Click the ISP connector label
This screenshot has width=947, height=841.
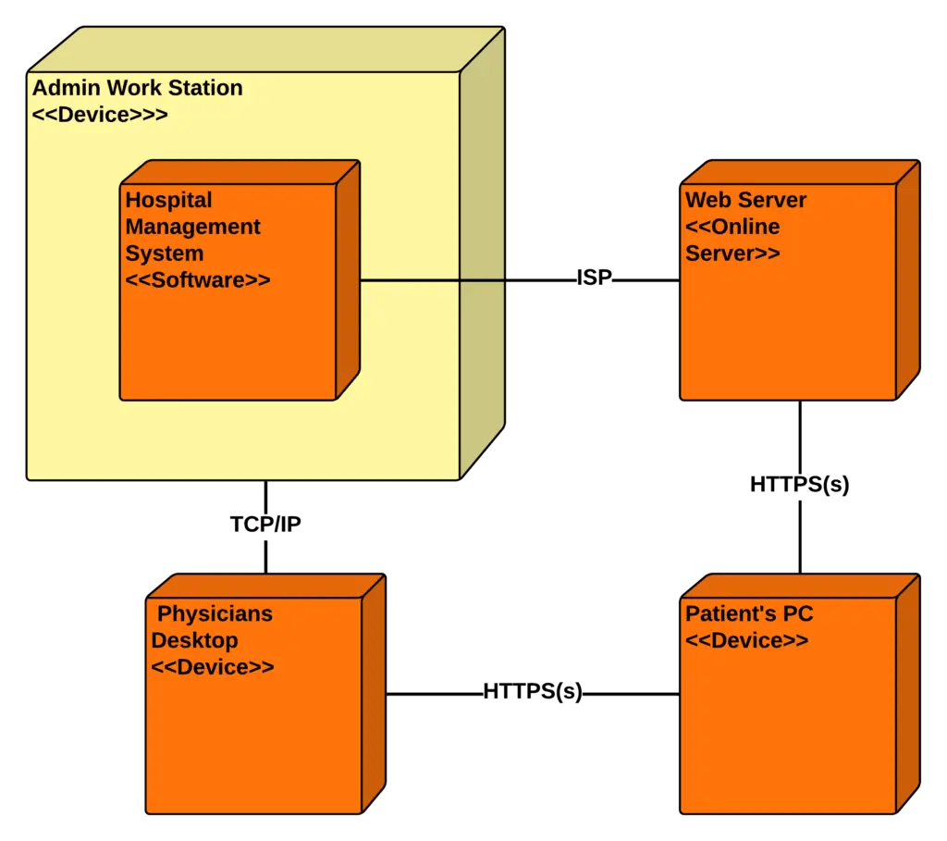pos(594,278)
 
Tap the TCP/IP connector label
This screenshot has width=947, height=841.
pos(265,525)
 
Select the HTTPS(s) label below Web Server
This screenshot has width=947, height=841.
pos(799,485)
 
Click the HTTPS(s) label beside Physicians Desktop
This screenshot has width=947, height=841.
pos(533,692)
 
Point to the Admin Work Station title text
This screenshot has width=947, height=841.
pos(138,89)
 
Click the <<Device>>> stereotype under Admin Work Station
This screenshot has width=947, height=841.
pos(100,116)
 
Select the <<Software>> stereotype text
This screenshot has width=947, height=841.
pos(198,279)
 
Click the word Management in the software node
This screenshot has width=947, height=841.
pos(193,227)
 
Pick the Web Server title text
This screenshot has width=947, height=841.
pos(745,200)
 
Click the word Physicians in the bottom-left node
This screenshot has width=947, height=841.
pos(215,613)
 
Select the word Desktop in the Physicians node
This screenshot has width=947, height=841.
pos(194,640)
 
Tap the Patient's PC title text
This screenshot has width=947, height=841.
pos(749,613)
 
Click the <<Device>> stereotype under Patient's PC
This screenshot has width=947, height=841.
pos(746,640)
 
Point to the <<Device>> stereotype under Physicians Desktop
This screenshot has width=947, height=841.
pos(213,667)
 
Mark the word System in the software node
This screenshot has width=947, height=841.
pos(165,253)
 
